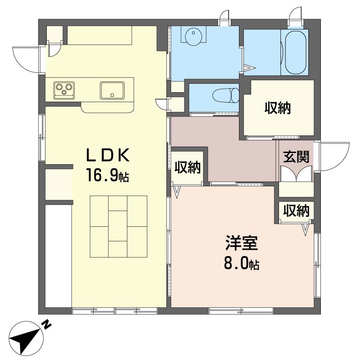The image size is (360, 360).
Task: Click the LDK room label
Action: [108, 155]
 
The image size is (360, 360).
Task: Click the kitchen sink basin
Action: [112, 90]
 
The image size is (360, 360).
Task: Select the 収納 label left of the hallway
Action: [187, 167]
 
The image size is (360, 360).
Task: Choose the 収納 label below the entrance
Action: [296, 210]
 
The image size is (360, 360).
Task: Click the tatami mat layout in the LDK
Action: [119, 226]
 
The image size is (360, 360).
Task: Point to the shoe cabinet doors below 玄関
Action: [296, 174]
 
